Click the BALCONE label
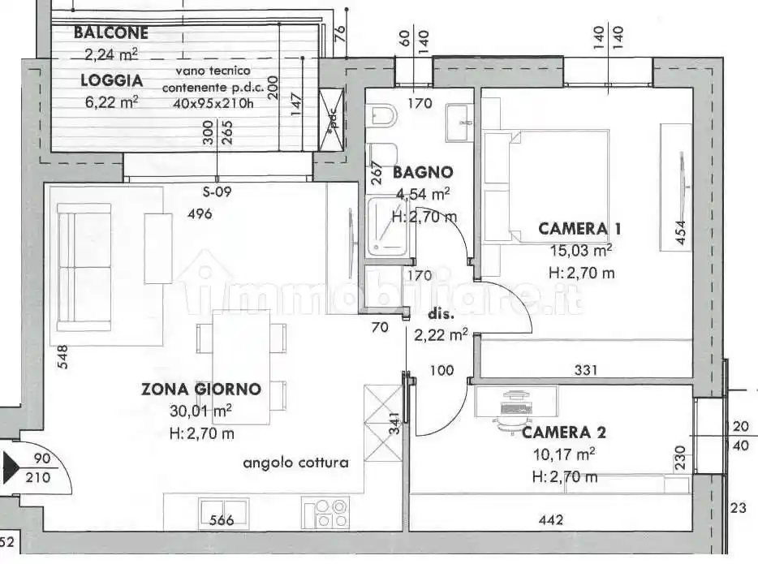tap(110, 33)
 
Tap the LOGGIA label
tap(111, 80)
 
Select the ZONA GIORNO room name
tap(201, 390)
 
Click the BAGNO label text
tap(422, 172)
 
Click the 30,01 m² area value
tap(200, 411)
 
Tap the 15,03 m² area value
tap(579, 251)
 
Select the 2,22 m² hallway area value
tap(441, 334)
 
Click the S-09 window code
tap(217, 192)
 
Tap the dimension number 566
tap(222, 521)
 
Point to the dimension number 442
tap(551, 520)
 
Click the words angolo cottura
tap(295, 463)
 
